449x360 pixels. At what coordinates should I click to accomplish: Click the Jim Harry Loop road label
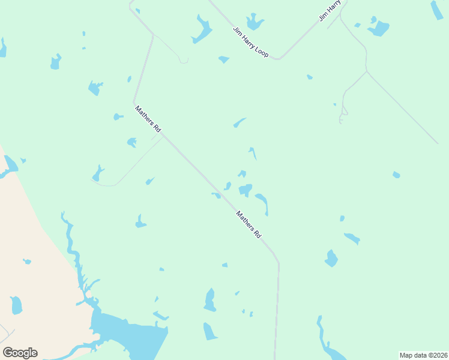pyautogui.click(x=250, y=41)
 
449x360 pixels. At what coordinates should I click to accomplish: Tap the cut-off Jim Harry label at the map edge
pyautogui.click(x=330, y=11)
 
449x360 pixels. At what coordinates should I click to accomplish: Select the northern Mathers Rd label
pyautogui.click(x=148, y=119)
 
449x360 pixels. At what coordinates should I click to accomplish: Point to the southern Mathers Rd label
pyautogui.click(x=249, y=224)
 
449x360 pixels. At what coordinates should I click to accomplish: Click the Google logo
pyautogui.click(x=20, y=352)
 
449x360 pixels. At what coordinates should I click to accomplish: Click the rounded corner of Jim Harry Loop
pyautogui.click(x=278, y=58)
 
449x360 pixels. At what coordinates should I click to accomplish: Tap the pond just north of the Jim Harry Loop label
pyautogui.click(x=255, y=22)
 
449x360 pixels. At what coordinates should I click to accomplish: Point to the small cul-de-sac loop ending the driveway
pyautogui.click(x=343, y=112)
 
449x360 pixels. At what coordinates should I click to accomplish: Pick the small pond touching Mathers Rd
pyautogui.click(x=216, y=195)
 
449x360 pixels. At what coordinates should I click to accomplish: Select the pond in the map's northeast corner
pyautogui.click(x=436, y=10)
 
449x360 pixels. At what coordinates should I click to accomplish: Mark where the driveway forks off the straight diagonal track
pyautogui.click(x=366, y=71)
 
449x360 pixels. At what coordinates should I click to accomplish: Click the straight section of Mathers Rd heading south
pyautogui.click(x=277, y=312)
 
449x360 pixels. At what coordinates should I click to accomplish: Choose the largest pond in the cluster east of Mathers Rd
pyautogui.click(x=246, y=190)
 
